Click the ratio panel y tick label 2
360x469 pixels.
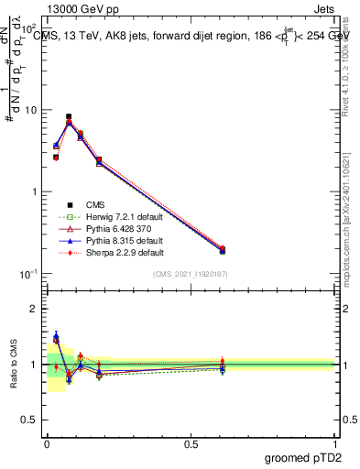tap(36, 309)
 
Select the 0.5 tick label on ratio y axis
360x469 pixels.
tap(32, 420)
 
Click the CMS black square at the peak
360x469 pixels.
tap(69, 117)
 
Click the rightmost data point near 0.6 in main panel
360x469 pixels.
tap(223, 249)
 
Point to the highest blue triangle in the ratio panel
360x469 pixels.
tap(56, 336)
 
